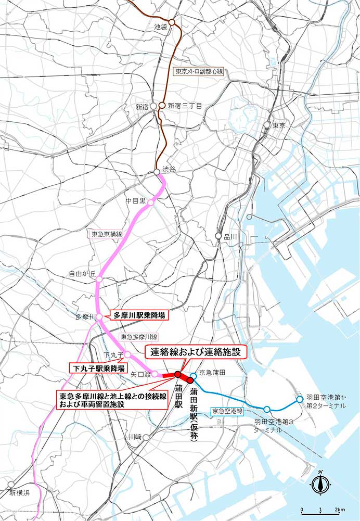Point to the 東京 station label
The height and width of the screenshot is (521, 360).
tap(278, 125)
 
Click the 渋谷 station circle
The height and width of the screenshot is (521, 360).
tap(157, 172)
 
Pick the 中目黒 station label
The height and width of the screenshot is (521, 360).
tap(136, 200)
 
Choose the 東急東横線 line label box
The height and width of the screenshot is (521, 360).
tap(106, 234)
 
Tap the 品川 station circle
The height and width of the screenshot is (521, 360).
tap(218, 236)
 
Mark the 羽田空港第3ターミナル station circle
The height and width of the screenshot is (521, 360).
tap(267, 409)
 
